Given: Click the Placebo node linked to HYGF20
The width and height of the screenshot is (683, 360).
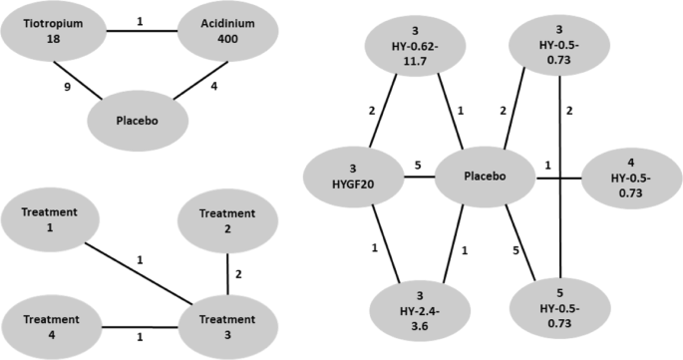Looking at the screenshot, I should click(484, 177).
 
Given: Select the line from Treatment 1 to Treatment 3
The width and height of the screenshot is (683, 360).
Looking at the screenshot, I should click(150, 273).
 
